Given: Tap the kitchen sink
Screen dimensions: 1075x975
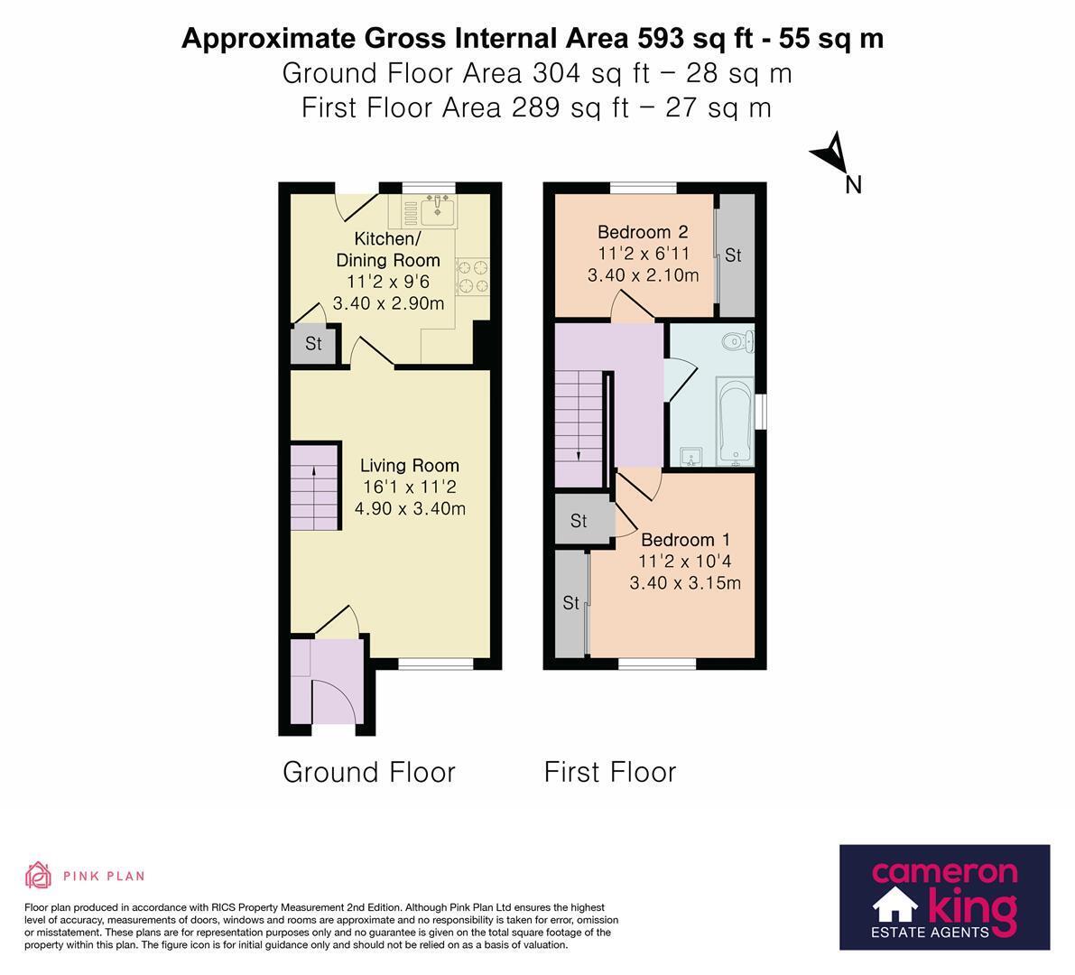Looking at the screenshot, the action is pos(438,209).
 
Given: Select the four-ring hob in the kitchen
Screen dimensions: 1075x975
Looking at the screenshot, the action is pos(472,275).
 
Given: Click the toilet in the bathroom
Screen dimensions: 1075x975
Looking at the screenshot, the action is pos(739,340).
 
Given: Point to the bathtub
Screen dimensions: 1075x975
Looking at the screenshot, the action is pos(736,421).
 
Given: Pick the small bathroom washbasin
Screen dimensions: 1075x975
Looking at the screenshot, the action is pos(690,457).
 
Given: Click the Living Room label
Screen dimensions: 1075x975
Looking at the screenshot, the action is pos(410,466).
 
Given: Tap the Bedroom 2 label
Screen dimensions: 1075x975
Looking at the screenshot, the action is pos(643,232).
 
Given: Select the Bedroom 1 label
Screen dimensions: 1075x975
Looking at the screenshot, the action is pos(686,540).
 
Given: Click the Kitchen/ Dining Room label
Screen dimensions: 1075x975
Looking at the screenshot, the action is pos(388,249).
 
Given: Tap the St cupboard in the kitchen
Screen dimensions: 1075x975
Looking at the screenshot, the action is pos(314,343).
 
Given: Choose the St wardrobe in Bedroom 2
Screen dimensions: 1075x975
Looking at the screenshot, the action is pos(734,255).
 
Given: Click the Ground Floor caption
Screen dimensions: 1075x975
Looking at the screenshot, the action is pos(369,772).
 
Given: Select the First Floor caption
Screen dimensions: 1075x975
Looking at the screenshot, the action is pos(610,772).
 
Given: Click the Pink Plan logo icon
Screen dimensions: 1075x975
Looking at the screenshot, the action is pos(39,876).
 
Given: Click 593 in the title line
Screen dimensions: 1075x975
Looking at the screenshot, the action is pos(661,39).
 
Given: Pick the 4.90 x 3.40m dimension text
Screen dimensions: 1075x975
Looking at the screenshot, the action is pos(410,509).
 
